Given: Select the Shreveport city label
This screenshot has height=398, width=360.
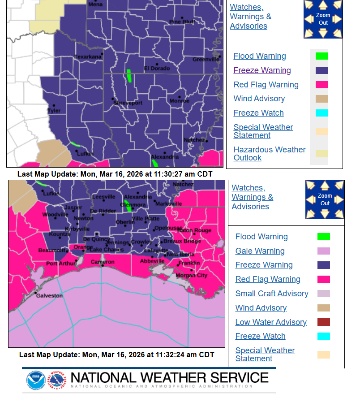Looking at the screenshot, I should coord(127,103).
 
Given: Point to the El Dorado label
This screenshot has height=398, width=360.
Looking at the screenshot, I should coord(157,68).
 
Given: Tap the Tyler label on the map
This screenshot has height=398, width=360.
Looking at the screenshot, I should coord(54,110).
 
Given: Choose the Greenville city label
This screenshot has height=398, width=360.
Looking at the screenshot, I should coord(206,59).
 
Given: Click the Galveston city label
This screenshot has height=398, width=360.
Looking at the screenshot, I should coord(49,296).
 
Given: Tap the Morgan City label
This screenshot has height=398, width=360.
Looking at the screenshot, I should coord(191,275).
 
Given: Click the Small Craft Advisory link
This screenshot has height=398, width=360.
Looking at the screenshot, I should coord(272,294).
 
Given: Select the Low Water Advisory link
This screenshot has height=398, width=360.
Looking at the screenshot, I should coord(271,322).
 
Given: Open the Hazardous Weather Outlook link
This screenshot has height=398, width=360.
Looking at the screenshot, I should coord(270,154).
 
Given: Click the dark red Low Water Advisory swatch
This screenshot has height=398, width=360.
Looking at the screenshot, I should coord(323,322).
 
